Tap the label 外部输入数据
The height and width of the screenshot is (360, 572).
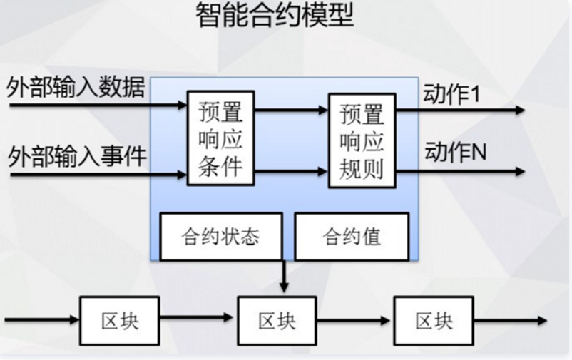point(76,88)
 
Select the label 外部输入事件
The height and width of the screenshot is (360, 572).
point(76,154)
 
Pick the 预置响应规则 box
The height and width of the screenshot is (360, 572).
point(362,140)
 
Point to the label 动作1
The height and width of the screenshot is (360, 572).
point(452,94)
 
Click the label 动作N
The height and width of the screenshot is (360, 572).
point(455,151)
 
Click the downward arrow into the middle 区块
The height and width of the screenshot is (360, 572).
point(284,277)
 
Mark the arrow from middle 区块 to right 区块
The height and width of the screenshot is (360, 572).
point(354,320)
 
